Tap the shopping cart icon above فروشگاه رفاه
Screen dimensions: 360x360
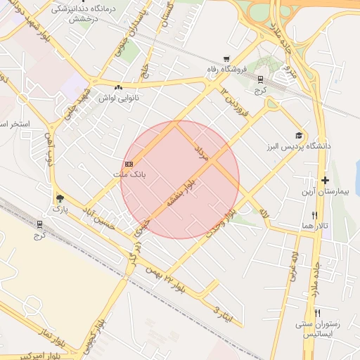tap(226, 59)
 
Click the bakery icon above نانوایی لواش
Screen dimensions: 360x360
tap(118, 87)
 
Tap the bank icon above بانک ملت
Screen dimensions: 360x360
tap(128, 163)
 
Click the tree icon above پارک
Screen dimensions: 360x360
tap(60, 199)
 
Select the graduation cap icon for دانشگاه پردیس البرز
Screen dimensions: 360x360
tap(298, 135)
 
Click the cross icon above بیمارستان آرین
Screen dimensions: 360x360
tap(325, 181)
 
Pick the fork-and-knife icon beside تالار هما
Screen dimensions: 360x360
tap(315, 215)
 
